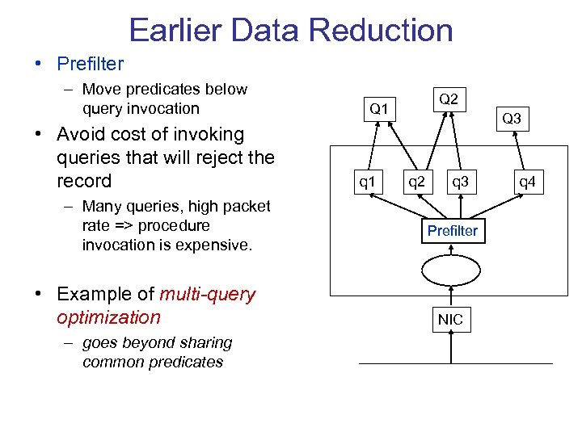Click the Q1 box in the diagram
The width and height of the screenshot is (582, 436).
tap(379, 108)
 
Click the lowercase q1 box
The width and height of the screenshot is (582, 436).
tap(368, 182)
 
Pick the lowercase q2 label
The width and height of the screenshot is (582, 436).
tap(416, 182)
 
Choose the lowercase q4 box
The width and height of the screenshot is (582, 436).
tap(527, 182)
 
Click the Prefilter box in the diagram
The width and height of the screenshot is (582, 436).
tap(452, 231)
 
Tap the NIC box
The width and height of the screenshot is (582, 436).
tap(450, 320)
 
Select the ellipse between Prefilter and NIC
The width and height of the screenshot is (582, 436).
tap(452, 272)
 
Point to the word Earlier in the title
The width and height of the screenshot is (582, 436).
tap(175, 31)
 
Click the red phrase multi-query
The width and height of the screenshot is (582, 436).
tap(208, 295)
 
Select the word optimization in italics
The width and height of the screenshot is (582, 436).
tap(109, 317)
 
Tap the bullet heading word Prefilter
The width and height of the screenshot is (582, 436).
tap(90, 64)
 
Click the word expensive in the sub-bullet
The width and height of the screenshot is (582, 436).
tap(213, 245)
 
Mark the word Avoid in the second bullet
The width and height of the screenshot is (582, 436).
tap(83, 135)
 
